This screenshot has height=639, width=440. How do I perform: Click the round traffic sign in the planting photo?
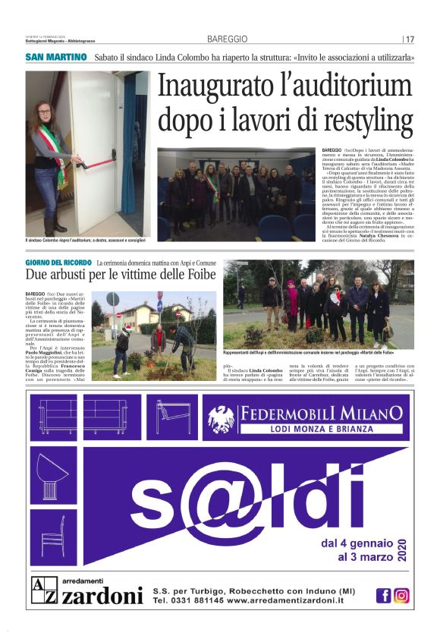click(x=113, y=299)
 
